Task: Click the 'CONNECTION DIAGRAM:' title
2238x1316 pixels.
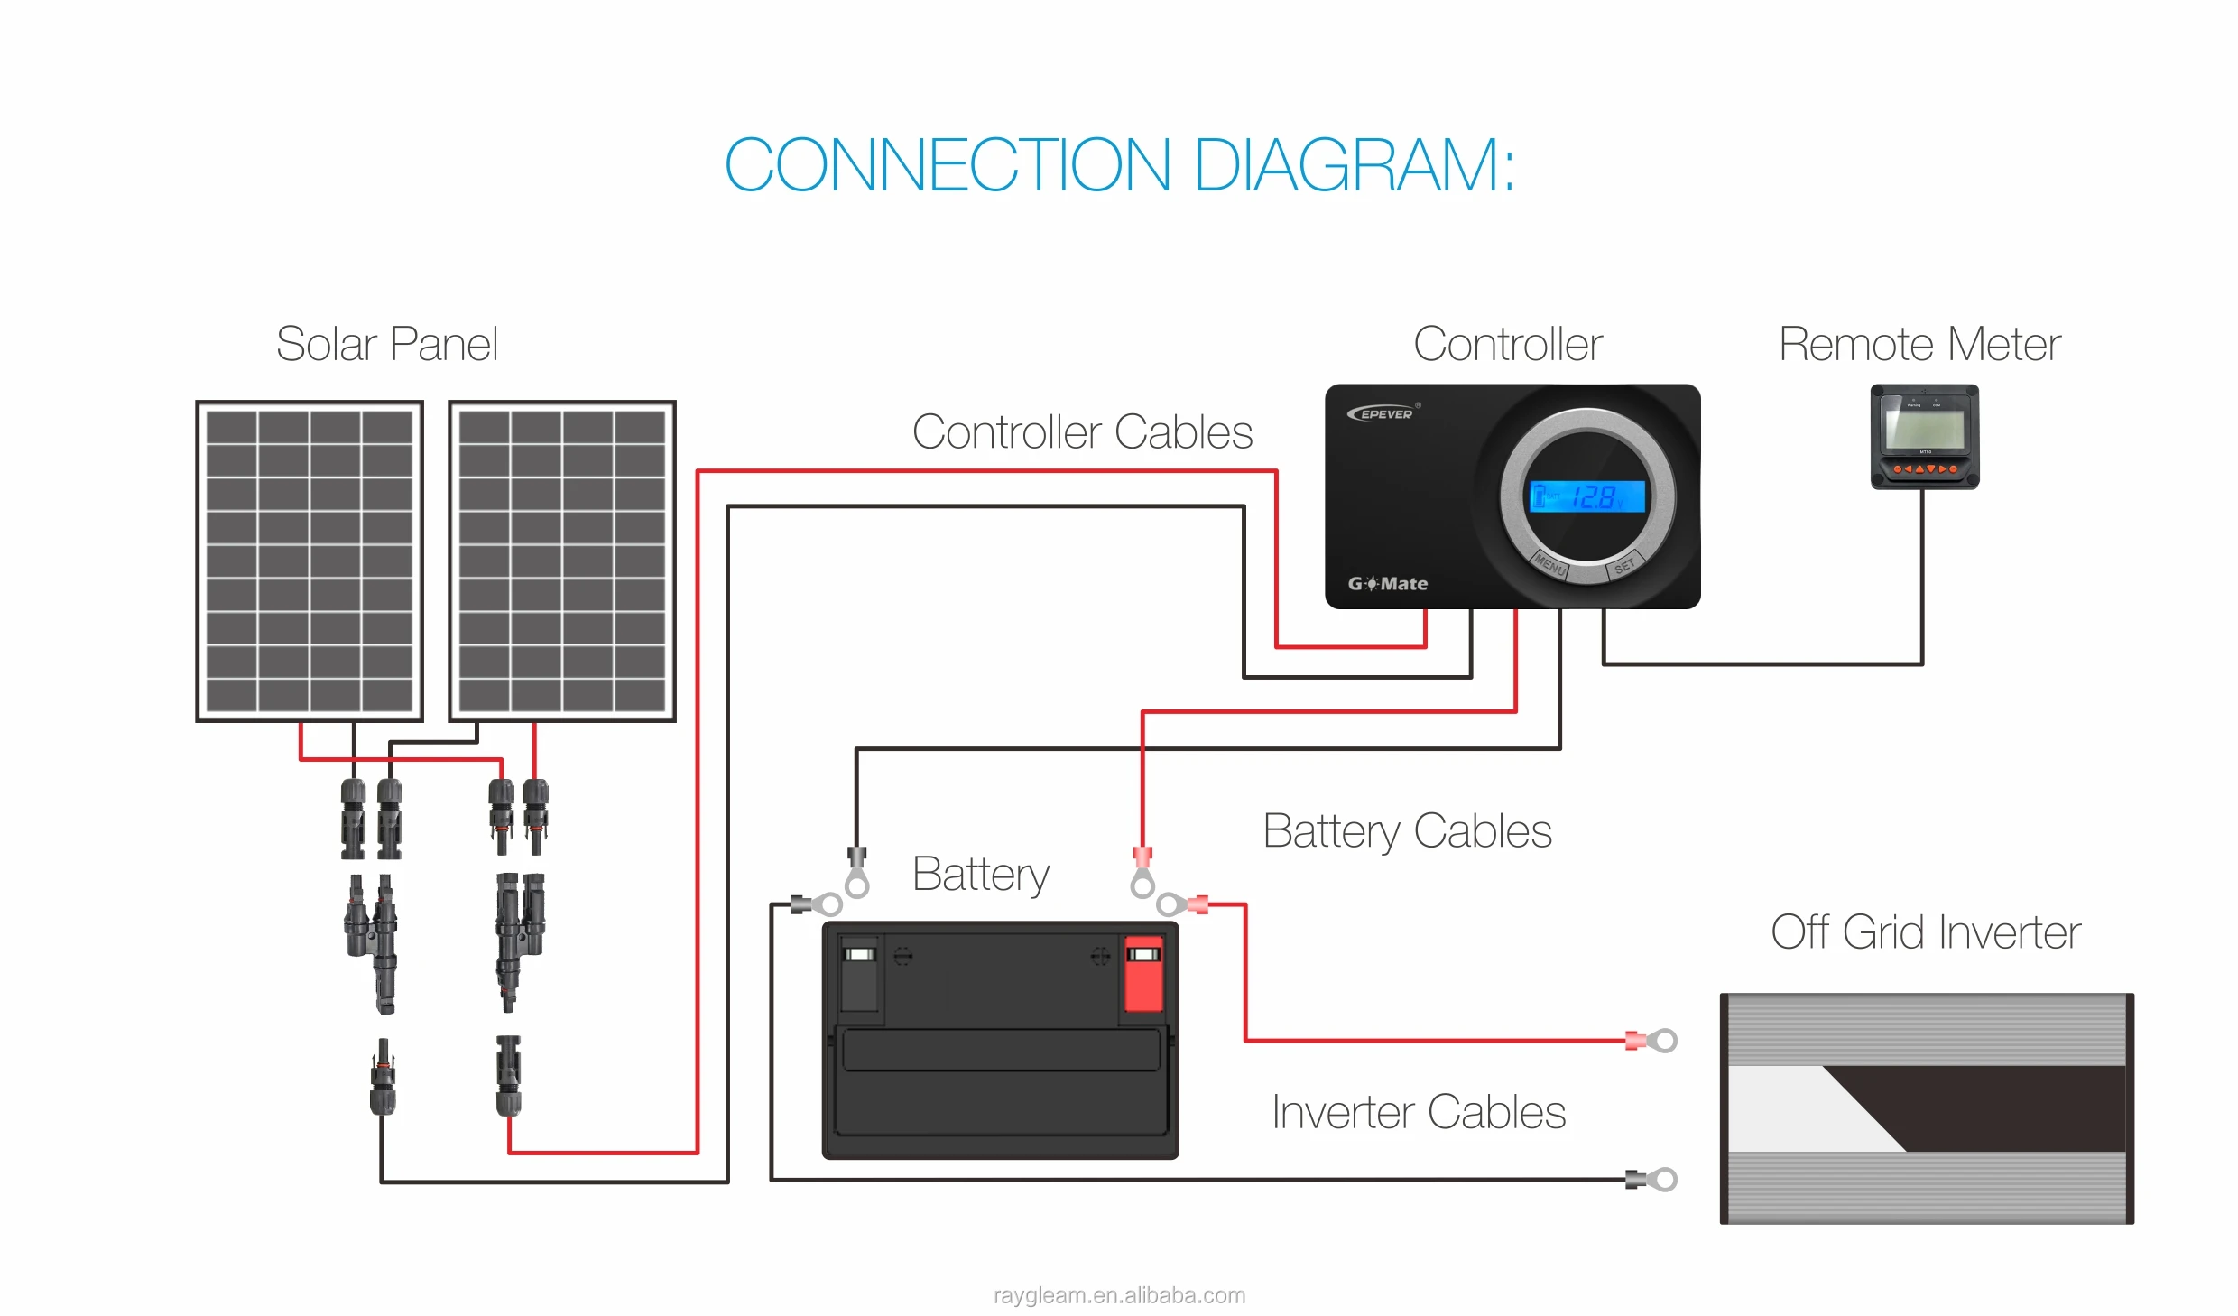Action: coord(1119,165)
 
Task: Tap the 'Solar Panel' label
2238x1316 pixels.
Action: coord(386,344)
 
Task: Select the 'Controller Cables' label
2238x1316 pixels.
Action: coord(1082,432)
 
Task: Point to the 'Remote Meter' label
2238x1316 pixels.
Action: coord(1919,344)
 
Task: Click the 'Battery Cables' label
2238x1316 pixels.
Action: coord(1407,831)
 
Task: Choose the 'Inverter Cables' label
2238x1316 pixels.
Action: coord(1419,1112)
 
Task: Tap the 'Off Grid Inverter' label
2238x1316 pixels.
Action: coord(1926,932)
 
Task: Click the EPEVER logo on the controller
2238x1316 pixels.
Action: coord(1383,413)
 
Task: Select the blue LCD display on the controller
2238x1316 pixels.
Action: coord(1587,496)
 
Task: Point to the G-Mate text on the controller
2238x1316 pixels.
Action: coord(1388,584)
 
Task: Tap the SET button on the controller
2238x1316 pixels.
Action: coord(1624,566)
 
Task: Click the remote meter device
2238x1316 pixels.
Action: coord(1925,437)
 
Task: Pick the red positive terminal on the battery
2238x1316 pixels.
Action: coord(1142,975)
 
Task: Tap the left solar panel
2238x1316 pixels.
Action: coord(310,561)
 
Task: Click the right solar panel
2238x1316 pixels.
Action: coord(562,561)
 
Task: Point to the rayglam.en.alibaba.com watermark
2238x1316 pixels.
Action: coord(1119,1295)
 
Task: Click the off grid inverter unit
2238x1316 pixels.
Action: coord(1927,1108)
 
